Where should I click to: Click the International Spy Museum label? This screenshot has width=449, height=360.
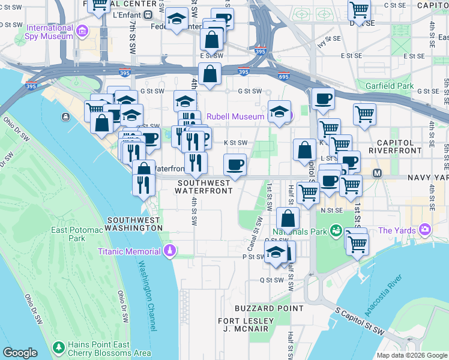pyautogui.click(x=49, y=32)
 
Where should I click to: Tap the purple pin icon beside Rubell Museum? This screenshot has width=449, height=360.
pyautogui.click(x=290, y=116)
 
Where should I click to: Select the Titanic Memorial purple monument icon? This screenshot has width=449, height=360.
pyautogui.click(x=170, y=251)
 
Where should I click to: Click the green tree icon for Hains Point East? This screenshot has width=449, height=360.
pyautogui.click(x=58, y=348)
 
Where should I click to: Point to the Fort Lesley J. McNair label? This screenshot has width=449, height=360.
pyautogui.click(x=246, y=325)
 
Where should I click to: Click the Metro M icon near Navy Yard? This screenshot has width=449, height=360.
pyautogui.click(x=378, y=173)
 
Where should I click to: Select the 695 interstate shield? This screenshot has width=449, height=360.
pyautogui.click(x=283, y=77)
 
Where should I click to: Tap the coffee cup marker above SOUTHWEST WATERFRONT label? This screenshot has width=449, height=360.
pyautogui.click(x=235, y=165)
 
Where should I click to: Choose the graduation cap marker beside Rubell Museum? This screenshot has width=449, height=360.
pyautogui.click(x=279, y=112)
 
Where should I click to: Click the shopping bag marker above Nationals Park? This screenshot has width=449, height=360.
pyautogui.click(x=288, y=219)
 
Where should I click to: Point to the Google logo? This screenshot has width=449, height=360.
pyautogui.click(x=20, y=353)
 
